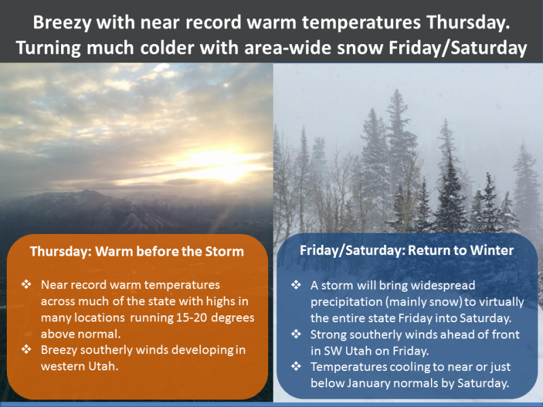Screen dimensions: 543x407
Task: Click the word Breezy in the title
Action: [62, 23]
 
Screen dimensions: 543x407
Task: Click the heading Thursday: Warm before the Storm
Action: [137, 251]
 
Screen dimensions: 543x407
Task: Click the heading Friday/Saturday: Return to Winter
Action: [407, 250]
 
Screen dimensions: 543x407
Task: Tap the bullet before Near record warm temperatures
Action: [26, 284]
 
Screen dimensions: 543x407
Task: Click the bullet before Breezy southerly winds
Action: [26, 349]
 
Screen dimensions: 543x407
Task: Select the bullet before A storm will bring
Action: [296, 285]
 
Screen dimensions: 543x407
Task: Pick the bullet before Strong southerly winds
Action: [296, 334]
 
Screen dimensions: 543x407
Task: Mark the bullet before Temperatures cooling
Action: [296, 366]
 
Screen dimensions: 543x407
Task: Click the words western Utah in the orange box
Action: [79, 366]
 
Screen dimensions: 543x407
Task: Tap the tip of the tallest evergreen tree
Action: [397, 90]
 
